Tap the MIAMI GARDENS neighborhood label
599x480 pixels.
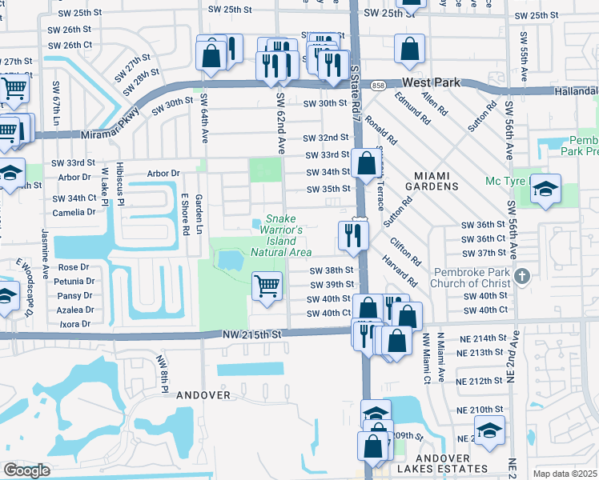[424, 180]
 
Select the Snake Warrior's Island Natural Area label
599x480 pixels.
[280, 235]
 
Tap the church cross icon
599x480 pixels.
[521, 276]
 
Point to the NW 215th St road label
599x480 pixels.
[255, 333]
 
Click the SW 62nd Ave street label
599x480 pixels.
[281, 122]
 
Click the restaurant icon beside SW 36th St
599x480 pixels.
[353, 234]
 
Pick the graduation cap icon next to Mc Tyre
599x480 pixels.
[545, 189]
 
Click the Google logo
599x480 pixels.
[26, 470]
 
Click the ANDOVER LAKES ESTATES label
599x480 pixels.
[447, 468]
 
